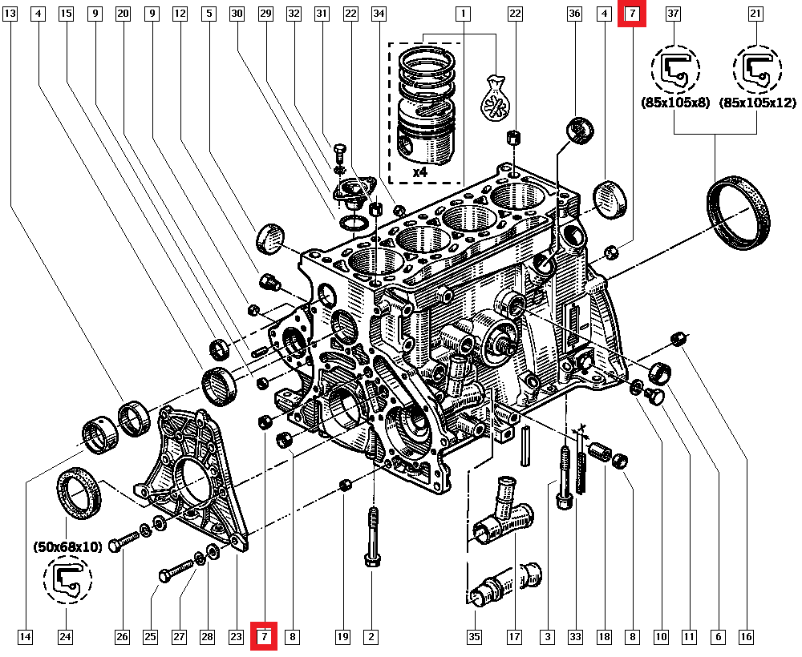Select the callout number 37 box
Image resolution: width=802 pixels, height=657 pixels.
[x=674, y=14]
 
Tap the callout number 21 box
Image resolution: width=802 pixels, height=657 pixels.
[x=755, y=14]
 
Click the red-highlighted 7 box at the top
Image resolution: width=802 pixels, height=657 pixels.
[x=632, y=14]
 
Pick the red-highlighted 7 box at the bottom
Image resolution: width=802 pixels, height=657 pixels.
[x=265, y=637]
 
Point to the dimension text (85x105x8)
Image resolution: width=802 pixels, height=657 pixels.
[x=674, y=103]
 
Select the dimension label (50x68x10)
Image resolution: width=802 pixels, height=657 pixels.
[x=67, y=547]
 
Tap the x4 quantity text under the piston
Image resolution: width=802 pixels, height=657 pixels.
[x=420, y=171]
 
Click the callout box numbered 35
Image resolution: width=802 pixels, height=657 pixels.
[x=474, y=637]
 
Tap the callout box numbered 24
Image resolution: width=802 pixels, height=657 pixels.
[x=66, y=637]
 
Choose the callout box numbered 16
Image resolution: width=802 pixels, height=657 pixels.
[x=746, y=637]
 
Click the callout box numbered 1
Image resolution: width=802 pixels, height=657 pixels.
[x=463, y=14]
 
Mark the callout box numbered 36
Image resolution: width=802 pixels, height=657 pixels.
[x=574, y=14]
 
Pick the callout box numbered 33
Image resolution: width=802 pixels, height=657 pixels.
[x=575, y=637]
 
